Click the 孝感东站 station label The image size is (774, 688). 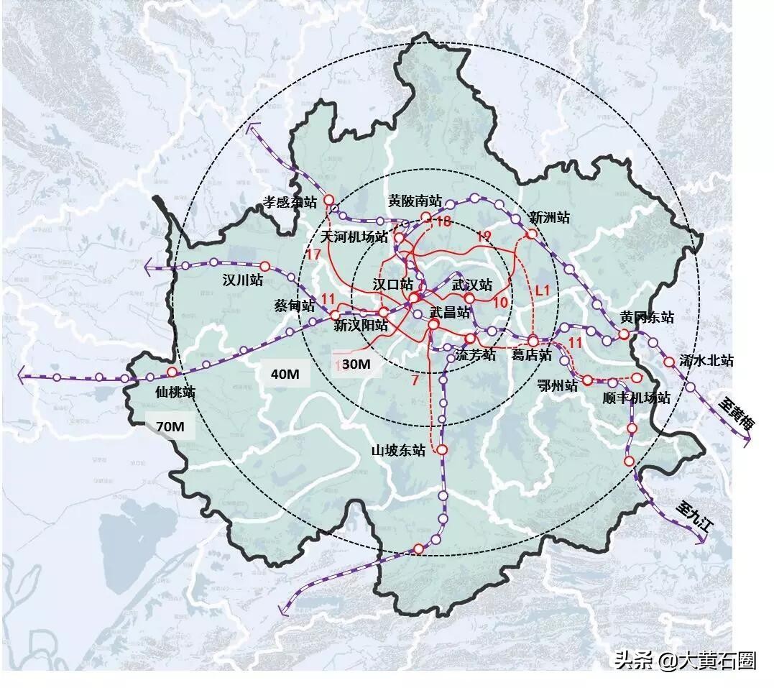(x=290, y=203)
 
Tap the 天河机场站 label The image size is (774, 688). (x=354, y=237)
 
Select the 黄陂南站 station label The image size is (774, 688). (x=415, y=201)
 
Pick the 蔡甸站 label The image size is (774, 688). (x=294, y=306)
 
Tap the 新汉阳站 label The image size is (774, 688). (x=361, y=326)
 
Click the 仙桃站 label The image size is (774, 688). (x=176, y=392)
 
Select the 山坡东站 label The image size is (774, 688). (x=398, y=451)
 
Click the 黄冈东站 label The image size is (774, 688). (x=648, y=317)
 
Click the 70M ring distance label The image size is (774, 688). (x=170, y=427)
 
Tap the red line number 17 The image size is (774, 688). (x=313, y=254)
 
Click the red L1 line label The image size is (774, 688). (x=543, y=289)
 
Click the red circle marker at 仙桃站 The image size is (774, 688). (x=172, y=372)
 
